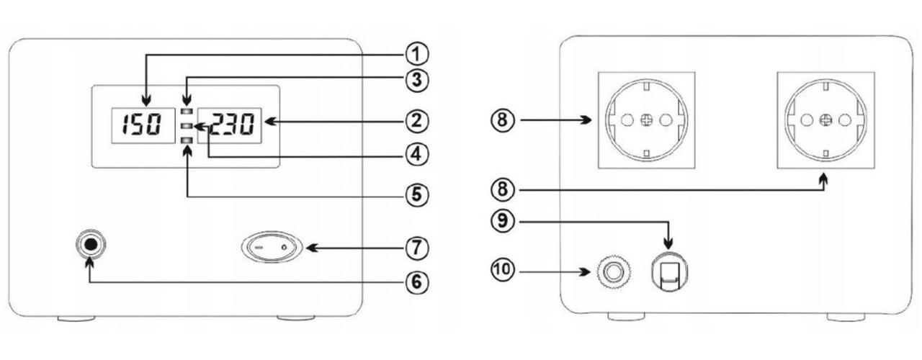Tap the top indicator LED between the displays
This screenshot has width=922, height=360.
pyautogui.click(x=187, y=112)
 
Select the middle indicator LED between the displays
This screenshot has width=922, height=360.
pyautogui.click(x=187, y=127)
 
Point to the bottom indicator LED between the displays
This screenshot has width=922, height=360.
pyautogui.click(x=187, y=142)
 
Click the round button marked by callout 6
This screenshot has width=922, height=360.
pyautogui.click(x=90, y=245)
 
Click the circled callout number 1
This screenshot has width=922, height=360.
pyautogui.click(x=415, y=53)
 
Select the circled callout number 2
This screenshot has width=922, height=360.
pyautogui.click(x=415, y=120)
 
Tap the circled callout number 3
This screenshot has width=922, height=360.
pyautogui.click(x=415, y=78)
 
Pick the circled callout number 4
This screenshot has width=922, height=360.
pyautogui.click(x=415, y=153)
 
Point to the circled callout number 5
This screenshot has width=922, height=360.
pyautogui.click(x=415, y=195)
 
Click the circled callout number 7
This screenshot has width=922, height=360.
pyautogui.click(x=415, y=248)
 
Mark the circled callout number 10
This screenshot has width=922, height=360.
pyautogui.click(x=501, y=271)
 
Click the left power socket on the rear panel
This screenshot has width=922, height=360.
pyautogui.click(x=647, y=120)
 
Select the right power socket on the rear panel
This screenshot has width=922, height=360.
pyautogui.click(x=825, y=120)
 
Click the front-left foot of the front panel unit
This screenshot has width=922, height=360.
pyautogui.click(x=75, y=318)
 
